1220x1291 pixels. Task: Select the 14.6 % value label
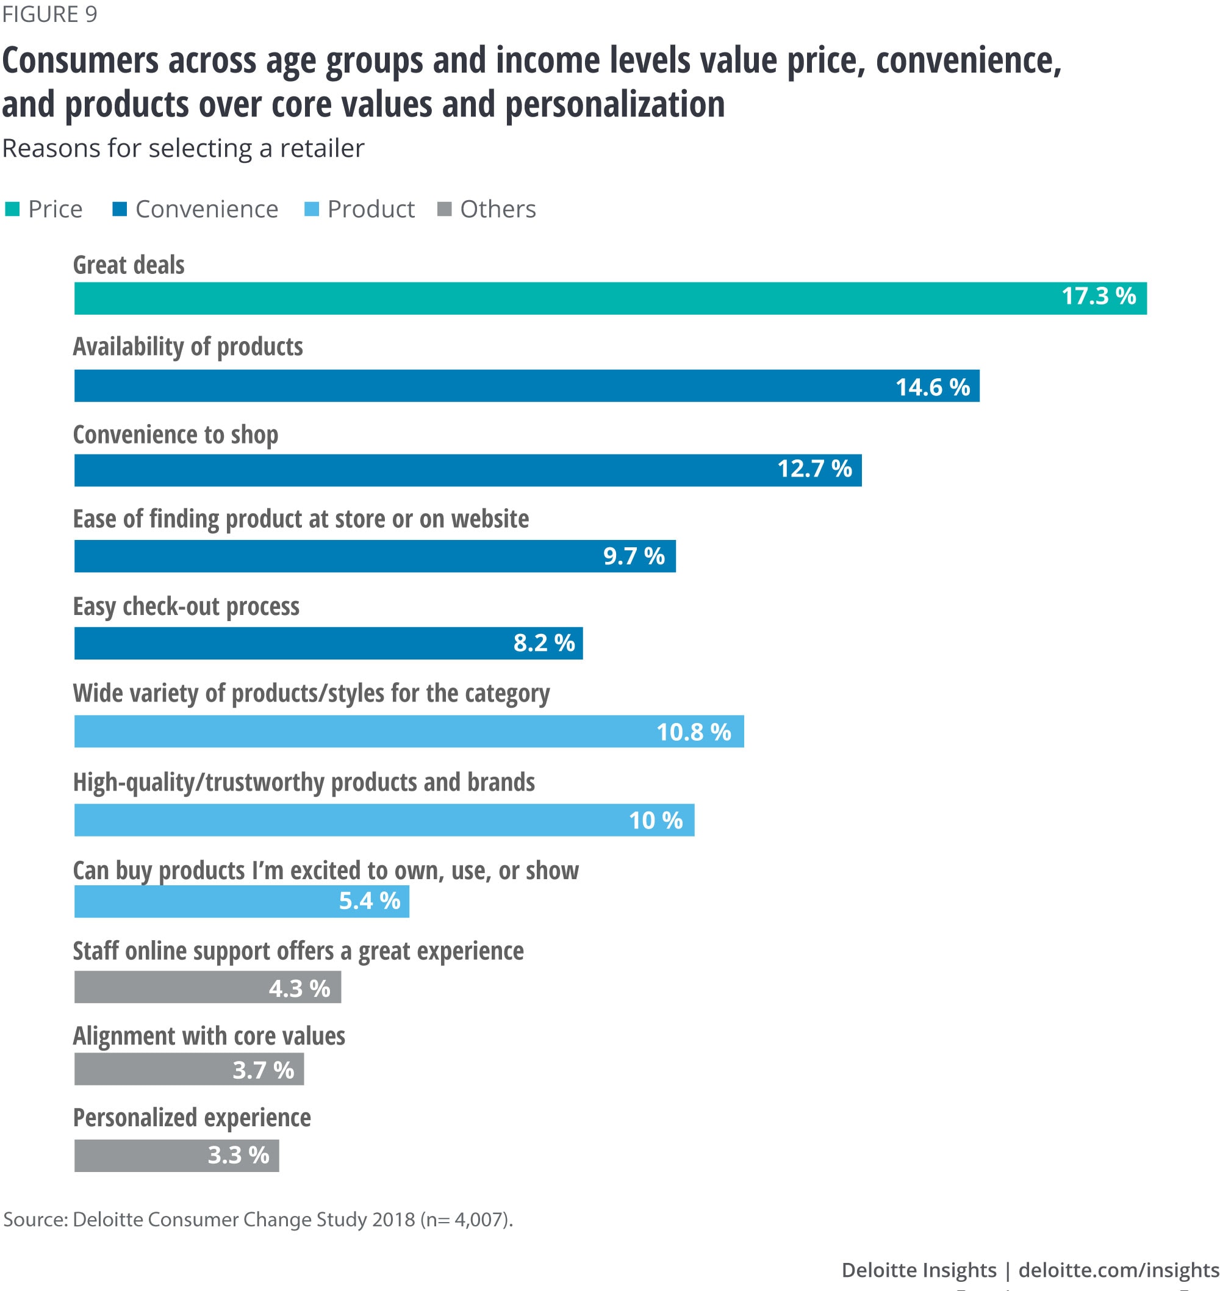click(x=933, y=387)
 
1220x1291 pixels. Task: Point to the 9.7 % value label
click(x=634, y=556)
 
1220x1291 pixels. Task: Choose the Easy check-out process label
click(x=186, y=606)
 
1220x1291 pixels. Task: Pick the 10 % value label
click(x=656, y=820)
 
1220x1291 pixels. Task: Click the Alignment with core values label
click(x=209, y=1036)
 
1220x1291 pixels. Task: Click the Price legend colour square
click(x=12, y=209)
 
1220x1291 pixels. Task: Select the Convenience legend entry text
click(x=207, y=209)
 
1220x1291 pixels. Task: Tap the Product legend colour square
click(x=312, y=209)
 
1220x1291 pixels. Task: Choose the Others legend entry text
click(x=498, y=209)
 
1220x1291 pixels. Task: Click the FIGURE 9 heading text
click(x=49, y=14)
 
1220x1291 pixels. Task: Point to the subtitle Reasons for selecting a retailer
click(x=183, y=148)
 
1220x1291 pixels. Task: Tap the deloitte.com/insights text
click(x=1119, y=1270)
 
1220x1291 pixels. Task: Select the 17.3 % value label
click(x=1099, y=297)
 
